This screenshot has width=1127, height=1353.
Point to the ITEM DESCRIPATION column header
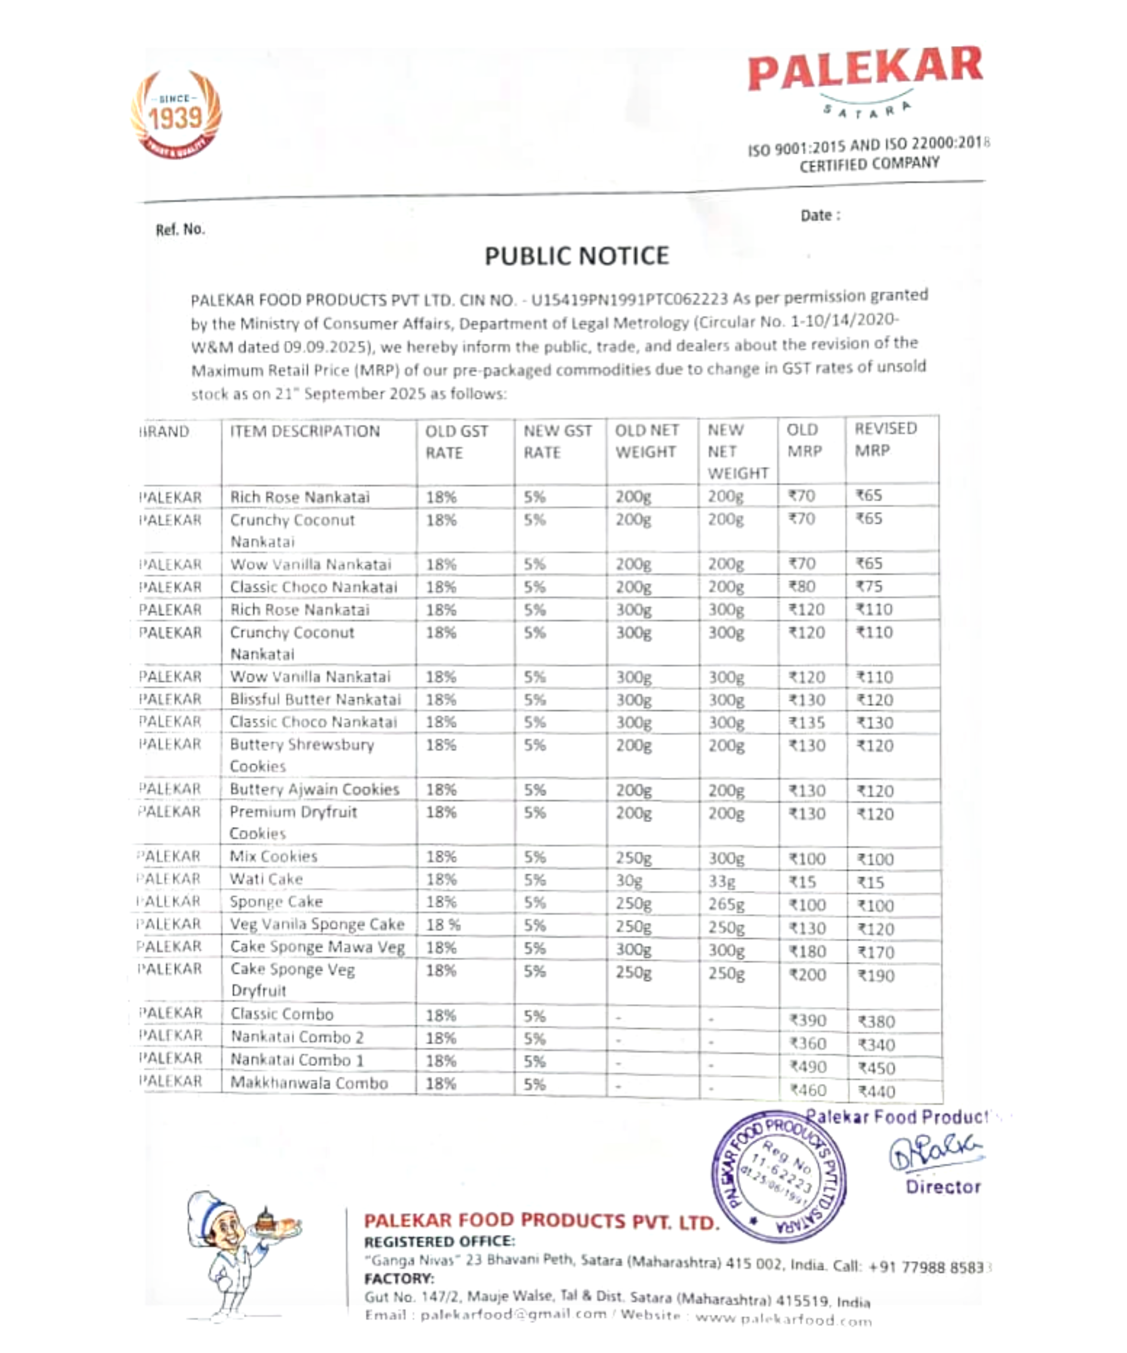coord(305,431)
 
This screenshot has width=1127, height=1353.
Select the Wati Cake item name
coord(266,879)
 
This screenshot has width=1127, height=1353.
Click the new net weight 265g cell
coord(726,904)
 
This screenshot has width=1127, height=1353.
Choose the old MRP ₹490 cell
coord(807,1067)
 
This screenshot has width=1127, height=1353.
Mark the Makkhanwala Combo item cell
coord(309,1083)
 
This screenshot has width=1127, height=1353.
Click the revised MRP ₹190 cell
coord(876,976)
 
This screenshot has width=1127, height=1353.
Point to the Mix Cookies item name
coord(274,856)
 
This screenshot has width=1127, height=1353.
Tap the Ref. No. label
coord(180,229)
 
